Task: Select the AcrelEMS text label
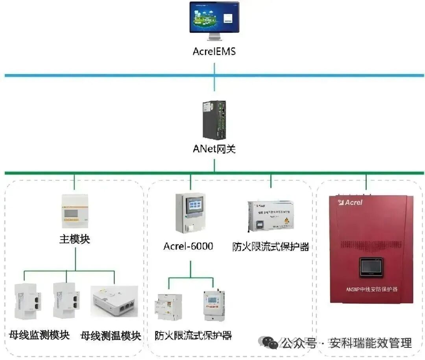pyautogui.click(x=214, y=52)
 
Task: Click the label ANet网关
pyautogui.click(x=214, y=149)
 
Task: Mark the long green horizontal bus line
pyautogui.click(x=118, y=173)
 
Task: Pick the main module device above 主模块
pyautogui.click(x=75, y=211)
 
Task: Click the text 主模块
pyautogui.click(x=75, y=239)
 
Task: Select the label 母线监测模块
pyautogui.click(x=39, y=335)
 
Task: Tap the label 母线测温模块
pyautogui.click(x=111, y=336)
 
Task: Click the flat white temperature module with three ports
pyautogui.click(x=114, y=301)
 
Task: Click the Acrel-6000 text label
pyautogui.click(x=188, y=246)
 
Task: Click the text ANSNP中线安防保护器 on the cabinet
pyautogui.click(x=371, y=289)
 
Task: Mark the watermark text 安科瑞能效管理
pyautogui.click(x=371, y=343)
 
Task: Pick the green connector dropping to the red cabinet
pyautogui.click(x=366, y=182)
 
